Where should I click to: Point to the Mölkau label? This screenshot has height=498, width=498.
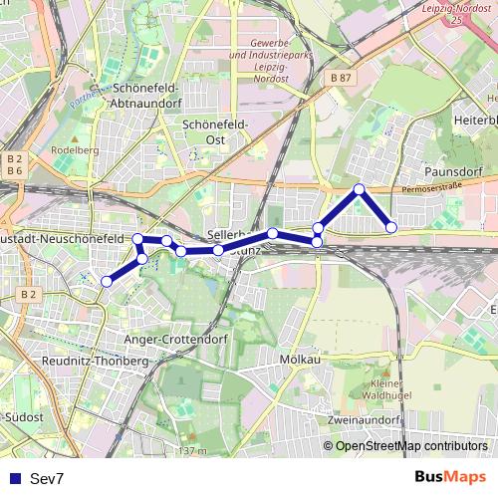[x=300, y=359]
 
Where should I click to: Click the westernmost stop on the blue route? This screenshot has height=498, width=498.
[x=107, y=282]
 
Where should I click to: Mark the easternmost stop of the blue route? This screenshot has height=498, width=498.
[x=391, y=227]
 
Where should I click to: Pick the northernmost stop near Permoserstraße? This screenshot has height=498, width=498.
[x=359, y=189]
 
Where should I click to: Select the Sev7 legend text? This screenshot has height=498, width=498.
[x=47, y=479]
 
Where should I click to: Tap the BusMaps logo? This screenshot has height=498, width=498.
[x=451, y=478]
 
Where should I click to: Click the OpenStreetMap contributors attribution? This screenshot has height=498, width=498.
[x=411, y=446]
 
